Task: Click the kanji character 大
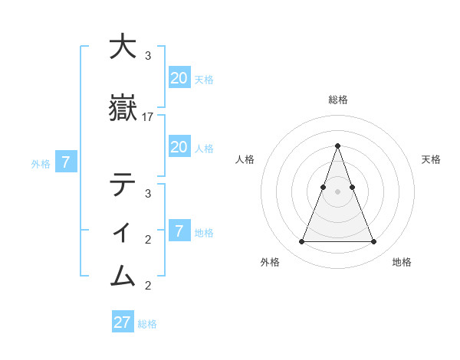tap(123, 47)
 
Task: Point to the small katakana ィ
tap(123, 230)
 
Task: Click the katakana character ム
tap(123, 274)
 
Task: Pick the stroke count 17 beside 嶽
tap(148, 117)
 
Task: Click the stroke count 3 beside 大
tap(148, 56)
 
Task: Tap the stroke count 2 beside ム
tap(148, 286)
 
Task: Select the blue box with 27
tap(123, 322)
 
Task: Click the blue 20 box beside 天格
tap(179, 78)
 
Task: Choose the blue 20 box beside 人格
tap(179, 147)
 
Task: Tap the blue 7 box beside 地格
tap(179, 231)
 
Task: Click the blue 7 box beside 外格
tap(67, 162)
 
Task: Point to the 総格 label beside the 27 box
tap(147, 324)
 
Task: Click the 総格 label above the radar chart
tap(337, 100)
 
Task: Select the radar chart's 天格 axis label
tap(431, 159)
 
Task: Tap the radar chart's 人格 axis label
tap(245, 159)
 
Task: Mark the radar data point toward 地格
tap(374, 242)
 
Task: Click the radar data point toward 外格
tap(301, 242)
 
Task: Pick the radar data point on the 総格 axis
tap(337, 146)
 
